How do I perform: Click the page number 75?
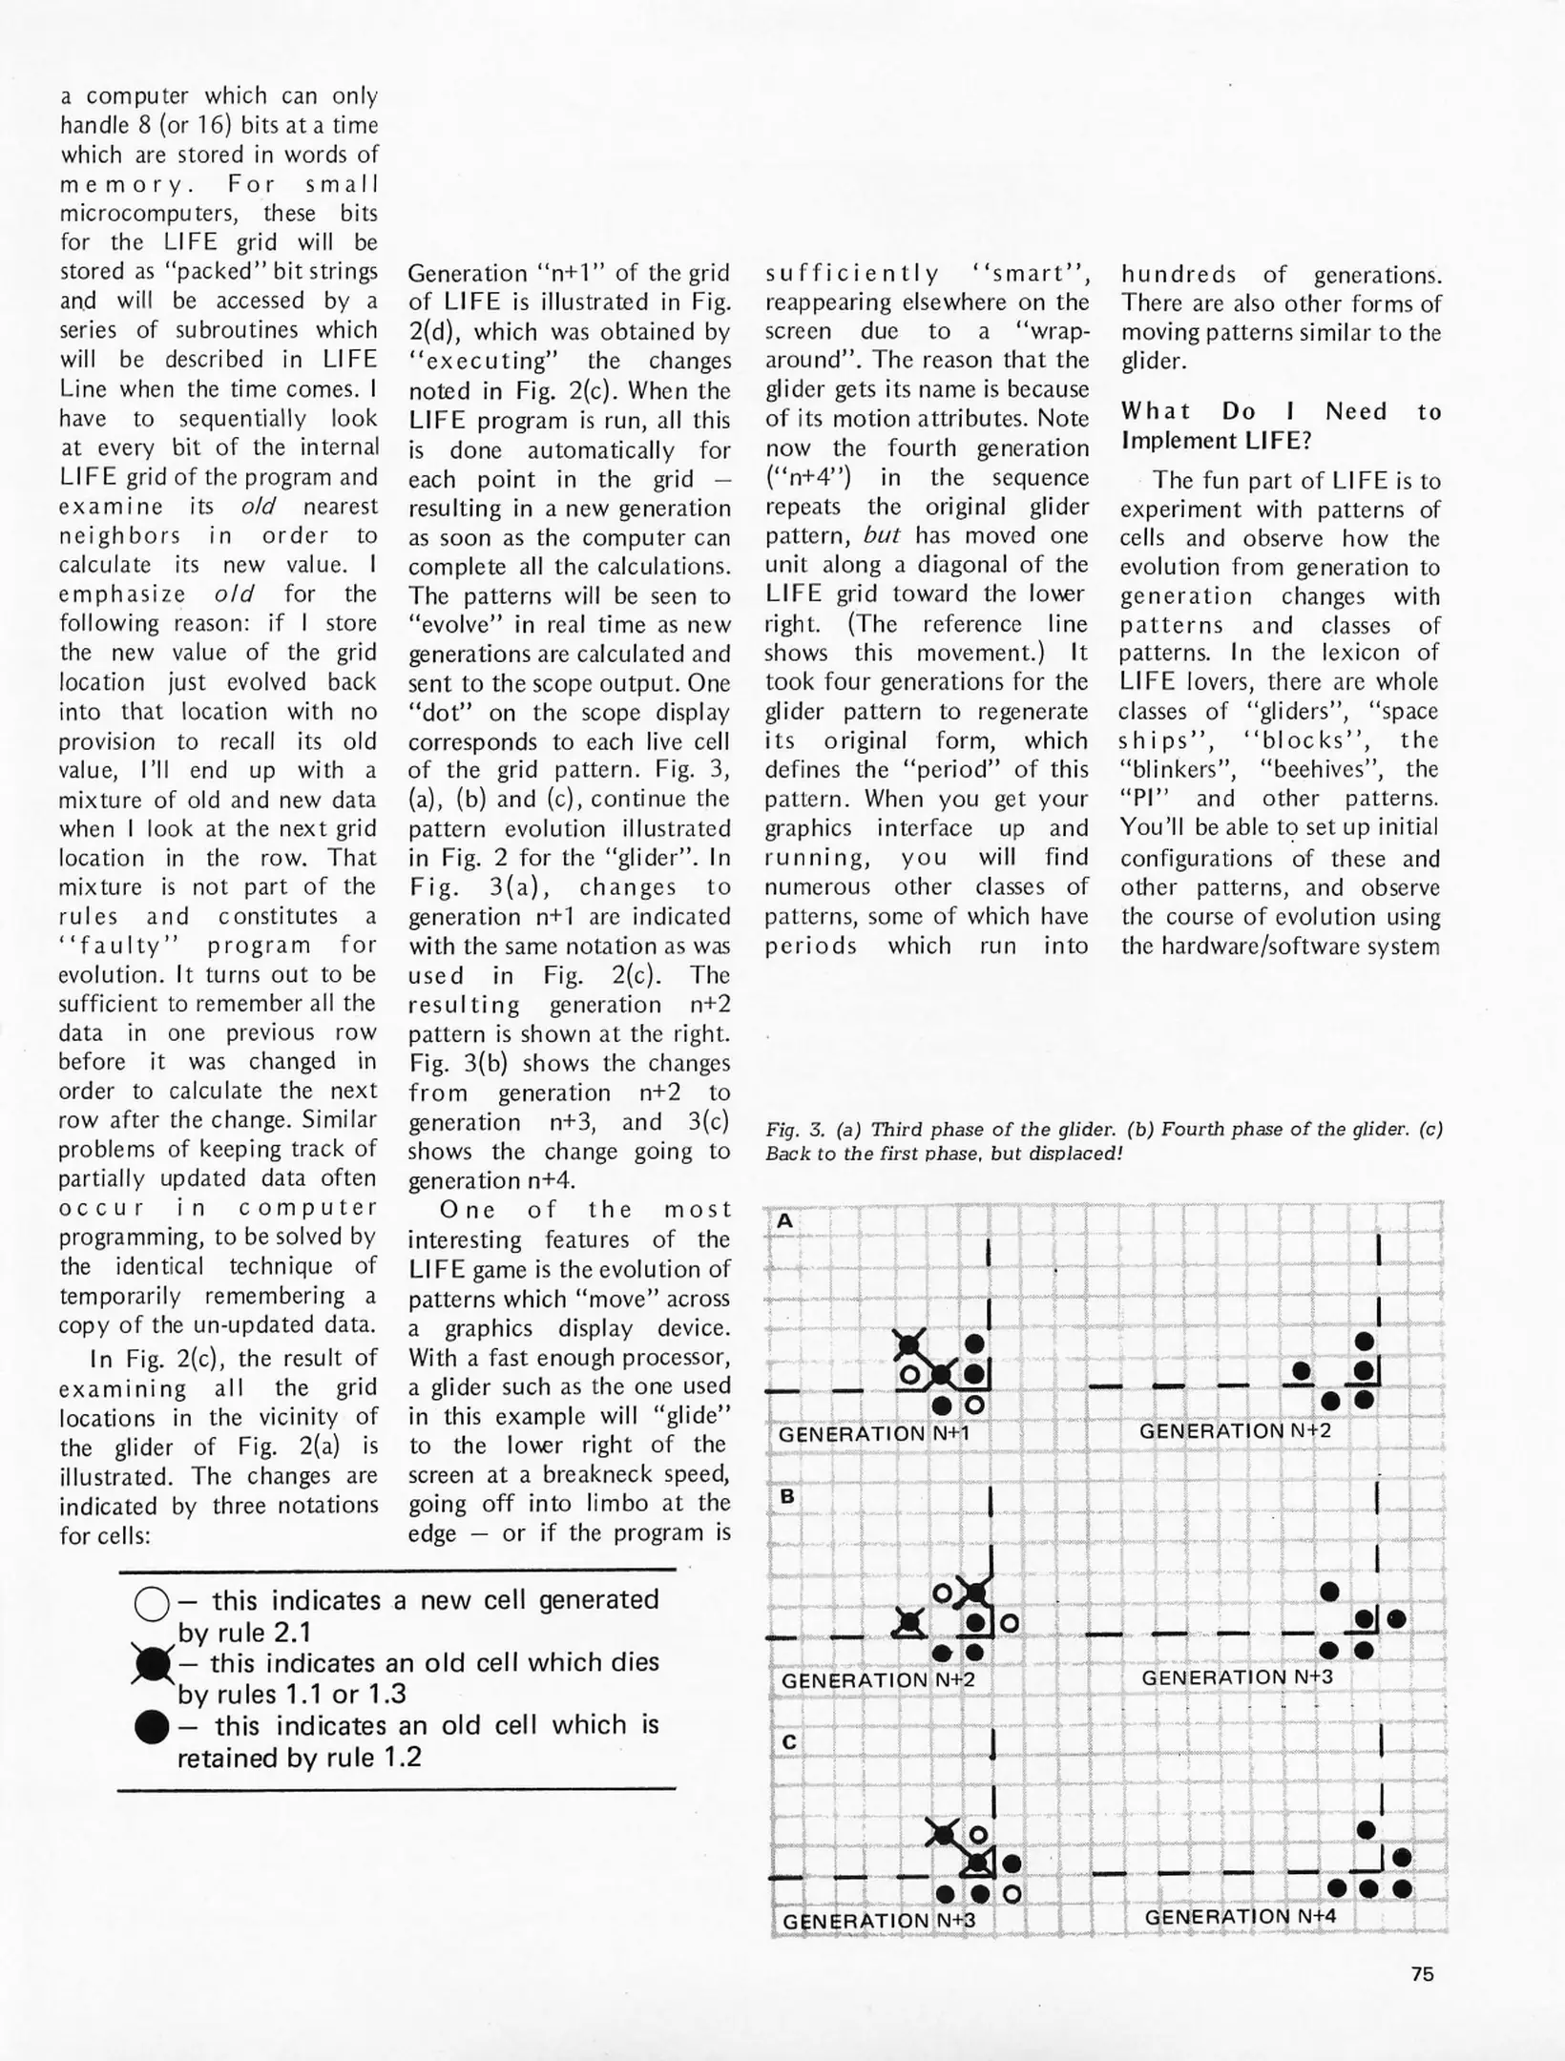point(1422,1974)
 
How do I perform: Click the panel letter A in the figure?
point(785,1220)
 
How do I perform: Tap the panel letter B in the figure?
point(787,1496)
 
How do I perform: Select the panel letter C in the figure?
point(788,1742)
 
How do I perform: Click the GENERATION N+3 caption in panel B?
point(1236,1676)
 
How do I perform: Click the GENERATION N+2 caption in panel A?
point(1234,1431)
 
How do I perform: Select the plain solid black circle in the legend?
point(152,1727)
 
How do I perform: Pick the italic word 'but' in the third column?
point(881,535)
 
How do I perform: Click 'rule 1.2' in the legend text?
point(367,1757)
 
